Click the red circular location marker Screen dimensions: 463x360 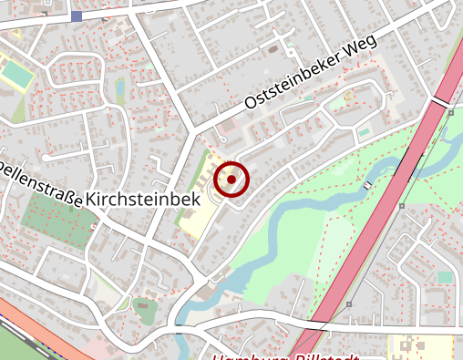(231, 180)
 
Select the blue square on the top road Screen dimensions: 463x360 (76, 16)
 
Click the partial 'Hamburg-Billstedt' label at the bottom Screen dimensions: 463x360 (283, 355)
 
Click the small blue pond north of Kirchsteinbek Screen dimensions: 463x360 (120, 87)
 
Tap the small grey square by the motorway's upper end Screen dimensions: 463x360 (451, 112)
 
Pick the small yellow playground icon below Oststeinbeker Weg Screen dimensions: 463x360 (348, 94)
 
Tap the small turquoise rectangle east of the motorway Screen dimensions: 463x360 (445, 276)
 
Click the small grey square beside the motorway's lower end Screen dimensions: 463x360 (348, 304)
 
